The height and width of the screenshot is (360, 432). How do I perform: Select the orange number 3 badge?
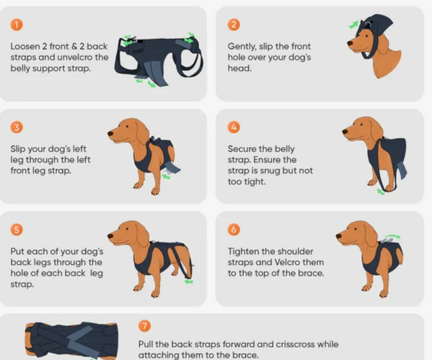17,127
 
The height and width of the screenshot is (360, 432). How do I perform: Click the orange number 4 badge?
234,127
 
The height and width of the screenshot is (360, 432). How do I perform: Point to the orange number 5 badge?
17,229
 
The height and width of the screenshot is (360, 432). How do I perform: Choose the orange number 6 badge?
234,229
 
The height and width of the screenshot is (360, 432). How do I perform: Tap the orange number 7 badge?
145,326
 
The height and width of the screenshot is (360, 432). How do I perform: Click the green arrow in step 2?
354,24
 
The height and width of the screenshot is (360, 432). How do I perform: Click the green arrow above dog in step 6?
392,237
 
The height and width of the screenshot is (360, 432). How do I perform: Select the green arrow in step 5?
189,281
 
